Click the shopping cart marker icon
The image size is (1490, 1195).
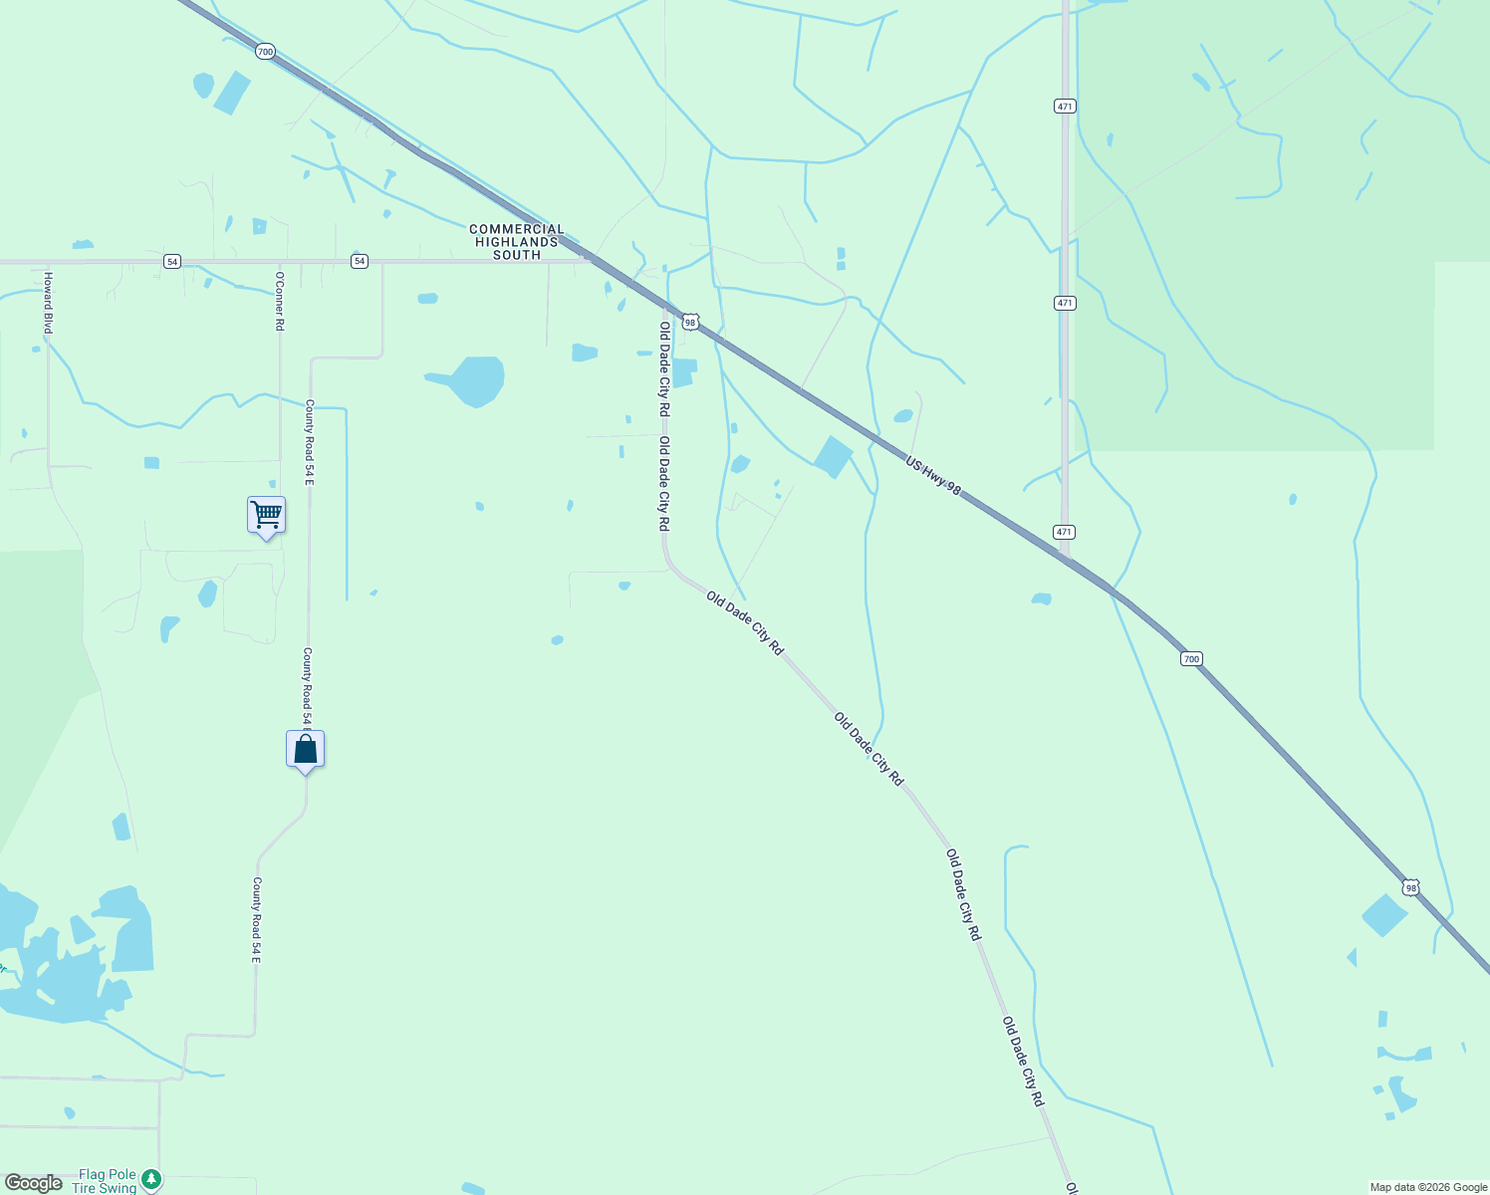(x=266, y=515)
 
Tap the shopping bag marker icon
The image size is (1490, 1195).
(x=305, y=749)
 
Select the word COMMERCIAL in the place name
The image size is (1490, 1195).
(x=517, y=229)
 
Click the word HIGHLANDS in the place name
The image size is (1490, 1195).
(x=517, y=242)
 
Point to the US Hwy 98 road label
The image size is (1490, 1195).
(x=933, y=476)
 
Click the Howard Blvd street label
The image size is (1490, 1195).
(x=47, y=302)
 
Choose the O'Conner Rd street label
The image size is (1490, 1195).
(x=280, y=301)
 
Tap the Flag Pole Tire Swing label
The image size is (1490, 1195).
(x=105, y=1181)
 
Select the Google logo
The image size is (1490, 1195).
(x=33, y=1183)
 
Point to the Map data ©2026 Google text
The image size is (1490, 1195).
(x=1428, y=1187)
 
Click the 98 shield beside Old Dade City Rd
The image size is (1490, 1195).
(x=690, y=323)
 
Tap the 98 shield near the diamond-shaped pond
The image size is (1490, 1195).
(x=1409, y=887)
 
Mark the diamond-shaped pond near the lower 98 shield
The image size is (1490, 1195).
(x=1384, y=915)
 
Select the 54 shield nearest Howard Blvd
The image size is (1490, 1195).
(x=172, y=261)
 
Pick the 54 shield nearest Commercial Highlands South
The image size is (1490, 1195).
(x=360, y=261)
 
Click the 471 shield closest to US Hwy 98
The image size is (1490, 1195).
(x=1065, y=532)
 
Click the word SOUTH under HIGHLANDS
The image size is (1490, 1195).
(x=517, y=255)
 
